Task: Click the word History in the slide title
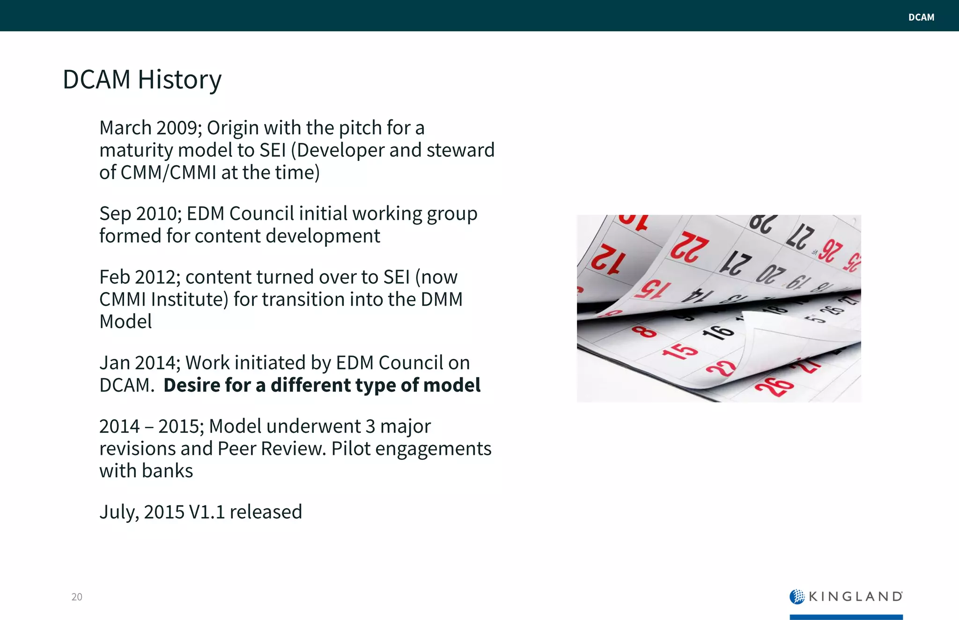[x=179, y=80]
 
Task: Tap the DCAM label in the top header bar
[x=921, y=17]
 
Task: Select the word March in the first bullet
[x=125, y=128]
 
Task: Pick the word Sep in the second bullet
[x=115, y=214]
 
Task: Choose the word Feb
[x=115, y=277]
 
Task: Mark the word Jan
[x=114, y=363]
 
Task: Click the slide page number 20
[x=77, y=597]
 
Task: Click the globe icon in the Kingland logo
[x=797, y=596]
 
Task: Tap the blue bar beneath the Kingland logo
[x=846, y=617]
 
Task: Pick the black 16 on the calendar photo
[x=717, y=331]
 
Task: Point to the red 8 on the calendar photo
[x=644, y=332]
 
